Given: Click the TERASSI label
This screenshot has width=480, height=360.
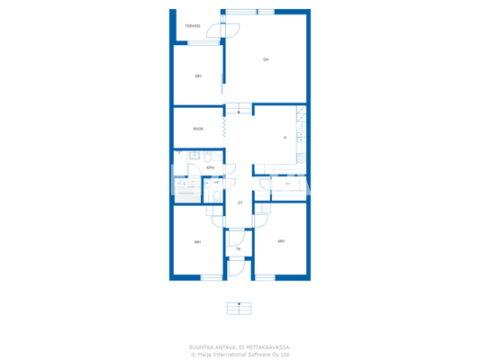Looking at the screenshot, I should pos(193,26).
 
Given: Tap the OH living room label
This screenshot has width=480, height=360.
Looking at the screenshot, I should pos(266,59).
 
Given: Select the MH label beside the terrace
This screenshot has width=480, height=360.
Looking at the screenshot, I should pos(198,76).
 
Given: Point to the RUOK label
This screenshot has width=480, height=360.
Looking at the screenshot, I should pos(198,129).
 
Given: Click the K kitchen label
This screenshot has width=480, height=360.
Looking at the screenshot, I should pos(285,138).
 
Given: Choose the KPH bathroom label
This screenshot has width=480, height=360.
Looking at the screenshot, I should pos(210,167).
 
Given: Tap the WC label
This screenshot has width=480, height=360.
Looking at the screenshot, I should pos(216,183).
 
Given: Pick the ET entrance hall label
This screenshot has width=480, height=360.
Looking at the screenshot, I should pos(240,203).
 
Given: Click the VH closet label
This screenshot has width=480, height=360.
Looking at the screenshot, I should pos(287,184).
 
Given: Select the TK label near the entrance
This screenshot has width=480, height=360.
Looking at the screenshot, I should pos(239,248).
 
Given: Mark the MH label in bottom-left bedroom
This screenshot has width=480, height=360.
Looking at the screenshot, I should pos(198,242).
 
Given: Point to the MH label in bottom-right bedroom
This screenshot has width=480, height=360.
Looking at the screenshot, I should pos(281,241).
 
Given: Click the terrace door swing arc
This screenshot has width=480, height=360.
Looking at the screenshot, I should pos(230,30).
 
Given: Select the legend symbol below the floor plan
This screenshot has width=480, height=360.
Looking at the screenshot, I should pos(239,308).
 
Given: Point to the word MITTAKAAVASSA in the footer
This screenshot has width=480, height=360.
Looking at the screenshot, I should pos(267,347).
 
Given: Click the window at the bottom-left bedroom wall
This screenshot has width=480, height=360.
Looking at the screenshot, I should pos(212,277).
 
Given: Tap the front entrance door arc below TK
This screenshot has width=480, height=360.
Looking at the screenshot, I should pos(236,266).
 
